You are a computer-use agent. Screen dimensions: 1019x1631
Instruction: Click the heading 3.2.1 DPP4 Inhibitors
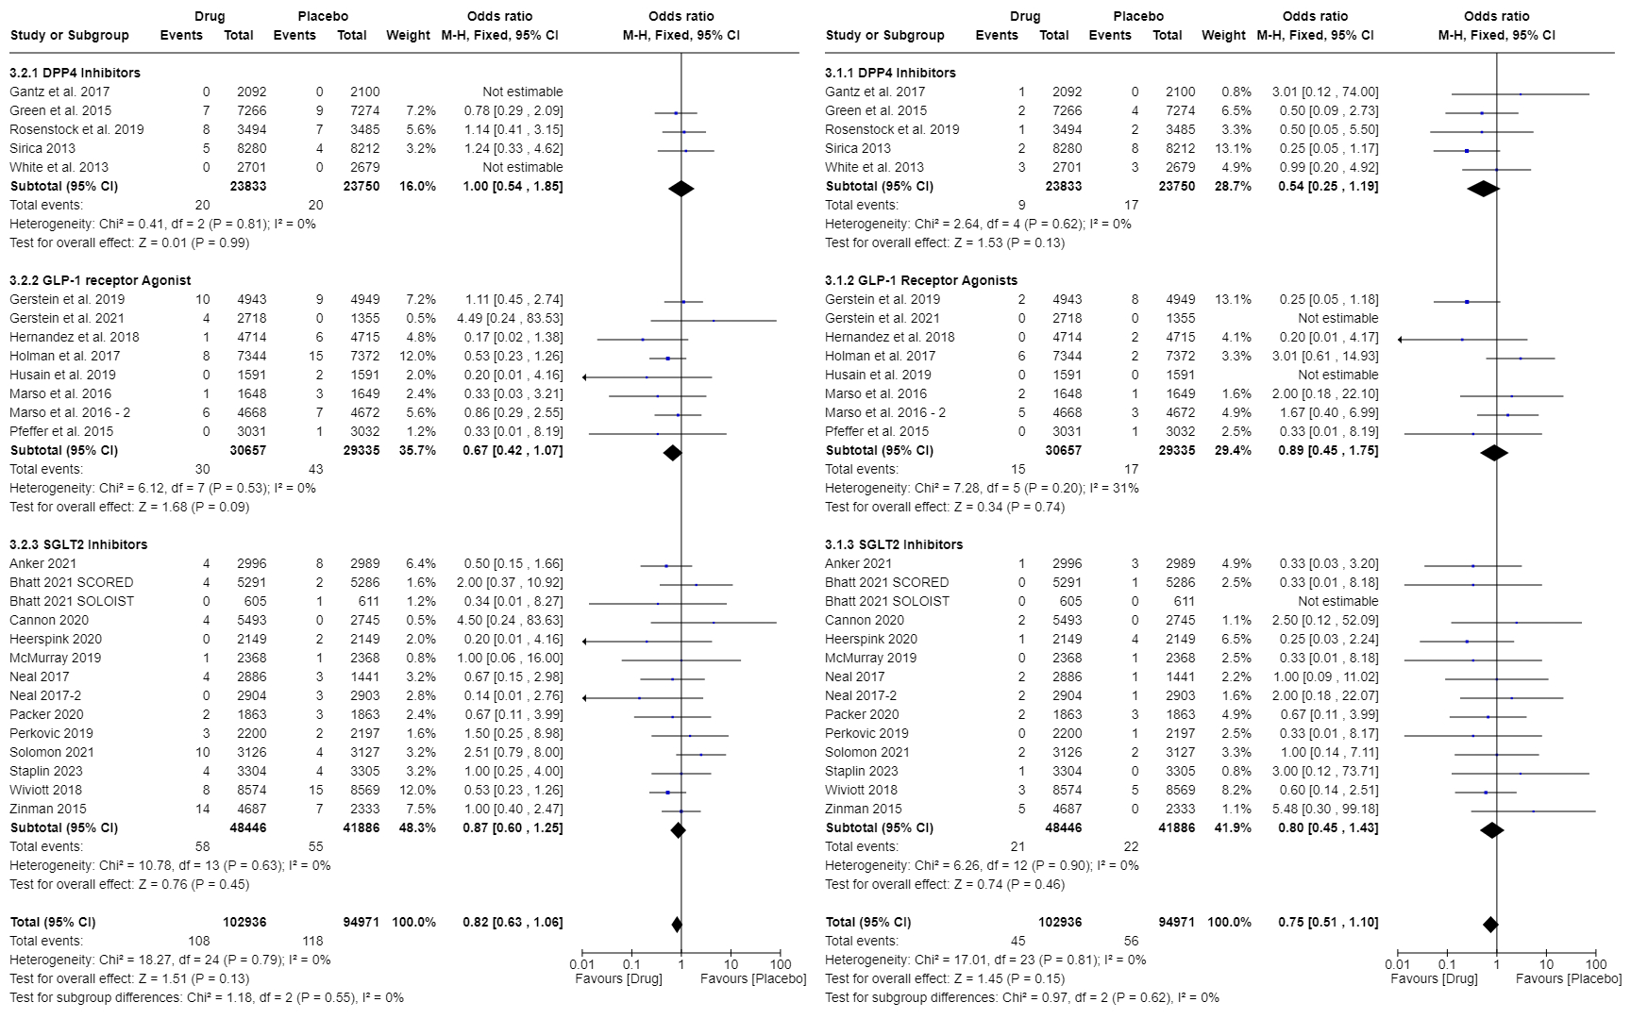[75, 73]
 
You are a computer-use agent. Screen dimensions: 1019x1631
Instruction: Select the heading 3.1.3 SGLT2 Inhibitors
[894, 544]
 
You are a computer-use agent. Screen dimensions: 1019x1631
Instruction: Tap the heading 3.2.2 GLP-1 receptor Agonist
[100, 280]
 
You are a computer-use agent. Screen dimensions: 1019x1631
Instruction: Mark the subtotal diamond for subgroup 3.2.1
[681, 189]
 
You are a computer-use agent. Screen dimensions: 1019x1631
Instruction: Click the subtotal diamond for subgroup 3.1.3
[1491, 830]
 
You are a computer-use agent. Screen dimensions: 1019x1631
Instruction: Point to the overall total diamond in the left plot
[676, 925]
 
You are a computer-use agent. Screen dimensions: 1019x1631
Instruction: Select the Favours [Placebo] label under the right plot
[1569, 978]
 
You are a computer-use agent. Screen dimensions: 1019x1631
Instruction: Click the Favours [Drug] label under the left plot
[618, 978]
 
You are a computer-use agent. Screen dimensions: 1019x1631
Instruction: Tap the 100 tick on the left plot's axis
[781, 964]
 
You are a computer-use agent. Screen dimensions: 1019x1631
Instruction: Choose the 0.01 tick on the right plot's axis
[1397, 964]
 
